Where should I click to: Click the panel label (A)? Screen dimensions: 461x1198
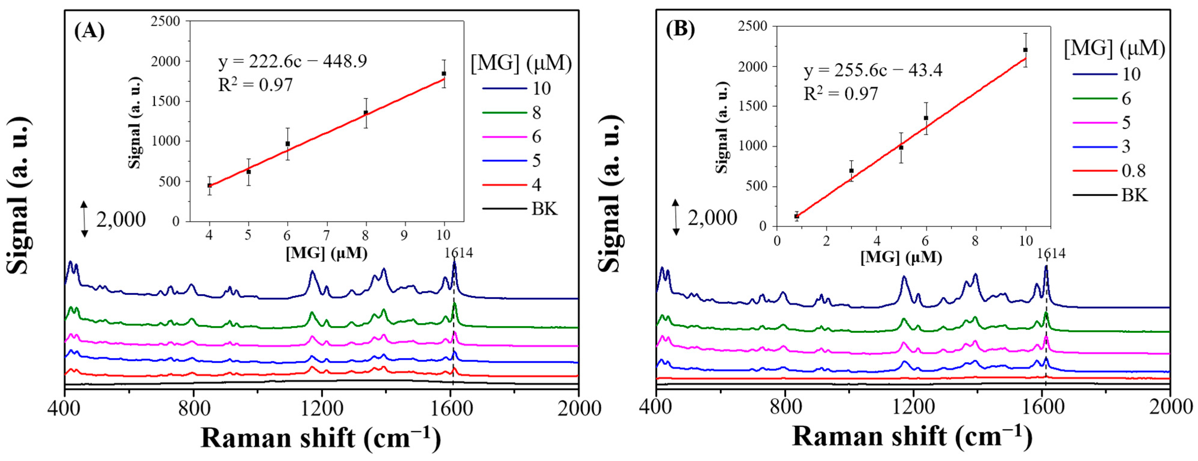[89, 32]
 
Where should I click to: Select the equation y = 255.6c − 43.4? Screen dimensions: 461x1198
[873, 71]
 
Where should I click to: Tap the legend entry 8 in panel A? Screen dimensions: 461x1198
[536, 113]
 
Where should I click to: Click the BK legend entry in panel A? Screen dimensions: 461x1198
[544, 209]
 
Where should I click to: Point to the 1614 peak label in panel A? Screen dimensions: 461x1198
[458, 253]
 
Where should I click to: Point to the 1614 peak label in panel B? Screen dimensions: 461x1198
[1050, 254]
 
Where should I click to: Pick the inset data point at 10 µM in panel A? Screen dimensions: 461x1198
[444, 73]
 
